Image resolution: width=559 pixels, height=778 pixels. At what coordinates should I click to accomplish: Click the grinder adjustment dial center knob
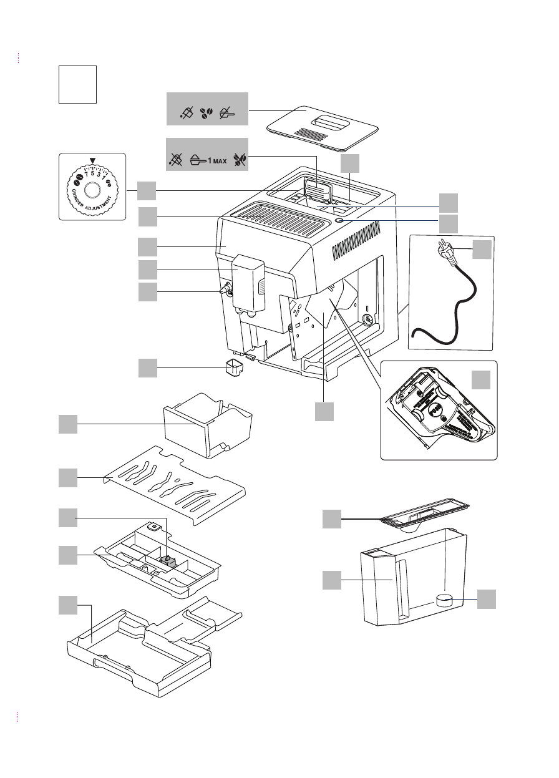click(92, 191)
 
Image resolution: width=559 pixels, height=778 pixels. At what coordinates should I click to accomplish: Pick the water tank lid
click(424, 515)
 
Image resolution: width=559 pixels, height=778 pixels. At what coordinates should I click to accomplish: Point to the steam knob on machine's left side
click(225, 290)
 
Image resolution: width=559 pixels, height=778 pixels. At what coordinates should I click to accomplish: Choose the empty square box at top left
click(78, 84)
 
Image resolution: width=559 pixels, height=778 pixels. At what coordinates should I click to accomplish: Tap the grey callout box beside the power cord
click(481, 250)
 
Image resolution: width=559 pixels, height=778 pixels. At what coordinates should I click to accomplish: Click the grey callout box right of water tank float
click(488, 600)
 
